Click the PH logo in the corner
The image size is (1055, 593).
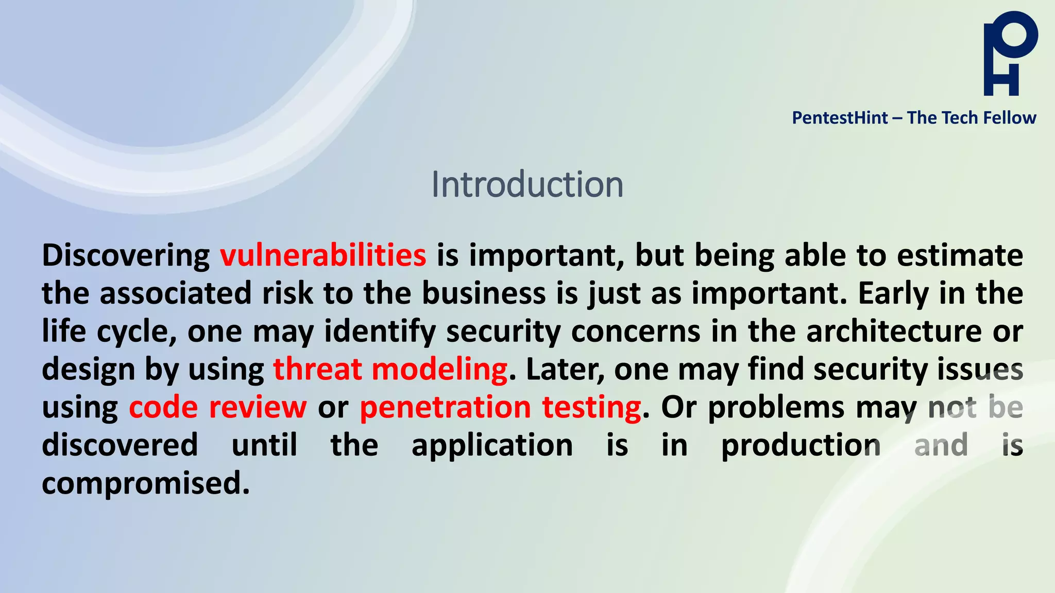pyautogui.click(x=1010, y=54)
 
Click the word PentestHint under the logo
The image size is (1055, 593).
pyautogui.click(x=840, y=118)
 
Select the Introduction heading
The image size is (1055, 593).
pyautogui.click(x=527, y=184)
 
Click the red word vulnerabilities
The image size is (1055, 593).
pyautogui.click(x=323, y=255)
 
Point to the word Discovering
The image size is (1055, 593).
pyautogui.click(x=126, y=255)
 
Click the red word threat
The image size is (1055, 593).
pyautogui.click(x=317, y=370)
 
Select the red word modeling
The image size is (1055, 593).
pyautogui.click(x=439, y=370)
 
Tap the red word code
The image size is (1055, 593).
pyautogui.click(x=163, y=408)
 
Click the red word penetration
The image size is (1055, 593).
pyautogui.click(x=445, y=408)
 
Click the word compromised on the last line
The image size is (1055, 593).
pyautogui.click(x=145, y=484)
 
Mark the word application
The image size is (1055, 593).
pyautogui.click(x=492, y=446)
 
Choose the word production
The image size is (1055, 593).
pyautogui.click(x=801, y=446)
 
